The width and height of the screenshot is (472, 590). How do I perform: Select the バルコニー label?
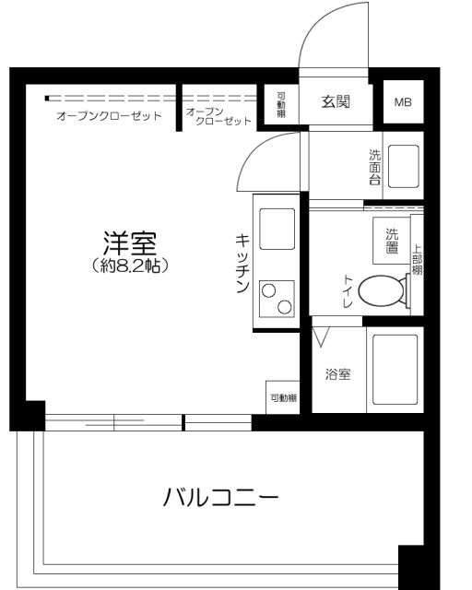coord(220,498)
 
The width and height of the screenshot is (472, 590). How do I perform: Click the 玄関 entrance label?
coord(336,102)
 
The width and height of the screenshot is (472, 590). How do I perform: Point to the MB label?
coord(404,102)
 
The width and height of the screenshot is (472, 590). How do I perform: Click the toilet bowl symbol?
coord(380,293)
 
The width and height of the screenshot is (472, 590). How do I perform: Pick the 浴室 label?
coord(337,375)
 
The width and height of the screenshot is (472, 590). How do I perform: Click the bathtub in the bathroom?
coord(395,369)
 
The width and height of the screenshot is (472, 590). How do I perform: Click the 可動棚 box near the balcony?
coord(283,397)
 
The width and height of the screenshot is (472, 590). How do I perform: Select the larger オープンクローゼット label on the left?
coord(109,117)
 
